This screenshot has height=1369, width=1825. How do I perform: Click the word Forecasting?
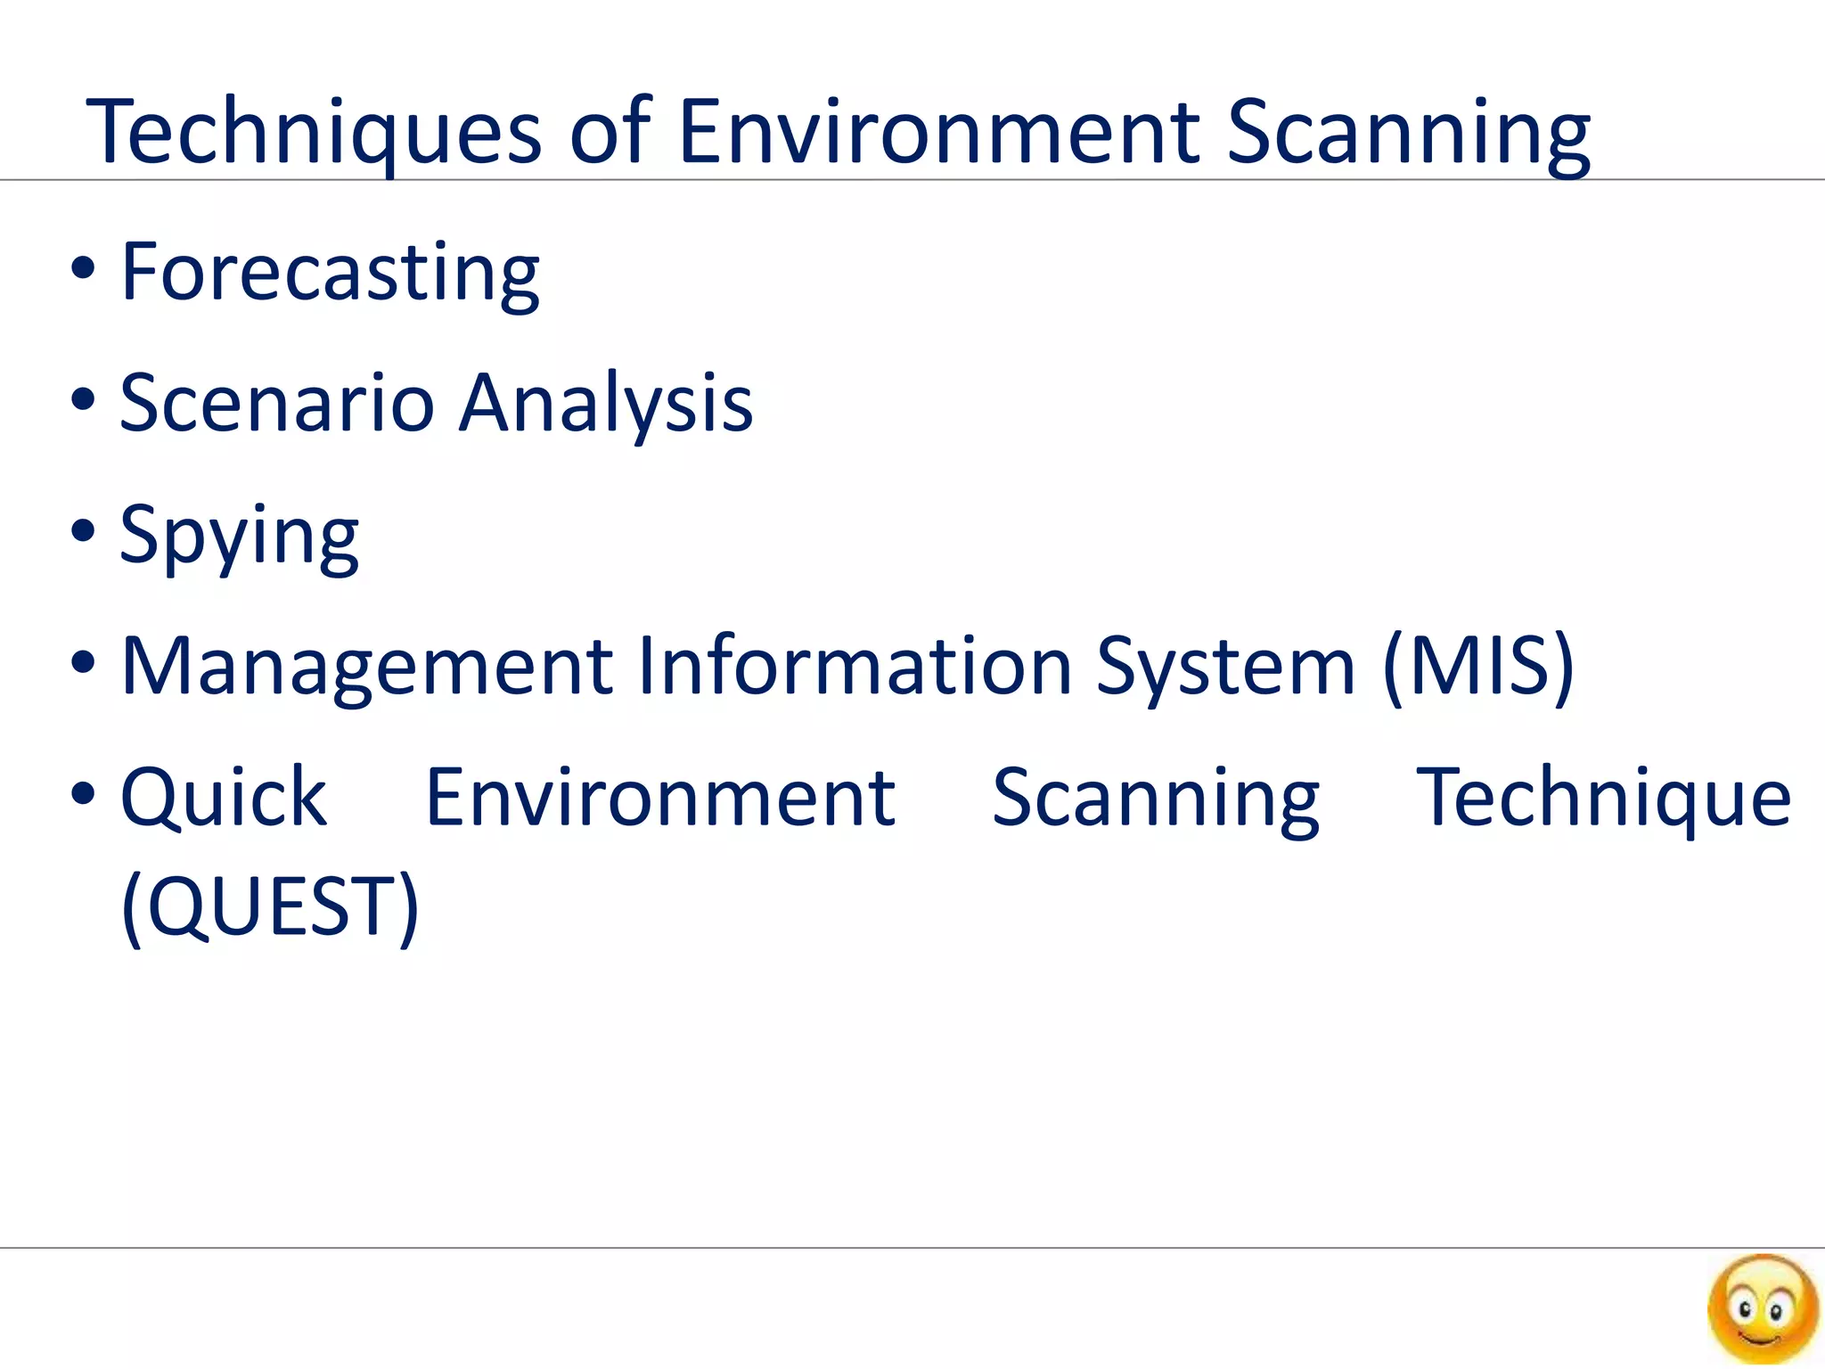point(330,271)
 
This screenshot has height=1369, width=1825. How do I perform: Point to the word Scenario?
point(277,403)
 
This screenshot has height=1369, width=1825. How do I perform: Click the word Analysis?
point(606,403)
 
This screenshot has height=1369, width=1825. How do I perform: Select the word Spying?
point(239,535)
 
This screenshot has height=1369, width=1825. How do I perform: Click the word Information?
point(855,666)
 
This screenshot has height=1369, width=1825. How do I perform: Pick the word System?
point(1225,666)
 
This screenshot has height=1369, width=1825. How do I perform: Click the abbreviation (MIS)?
point(1478,666)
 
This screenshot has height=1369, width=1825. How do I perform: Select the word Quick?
point(224,797)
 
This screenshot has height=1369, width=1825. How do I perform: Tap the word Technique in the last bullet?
point(1603,797)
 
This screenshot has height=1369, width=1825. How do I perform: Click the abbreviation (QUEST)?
point(270,907)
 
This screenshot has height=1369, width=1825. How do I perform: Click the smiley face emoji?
point(1762,1308)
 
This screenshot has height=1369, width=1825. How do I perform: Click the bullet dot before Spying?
point(83,531)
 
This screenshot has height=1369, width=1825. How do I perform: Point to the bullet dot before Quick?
point(83,793)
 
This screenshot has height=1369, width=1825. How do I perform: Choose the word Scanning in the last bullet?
point(1156,797)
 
